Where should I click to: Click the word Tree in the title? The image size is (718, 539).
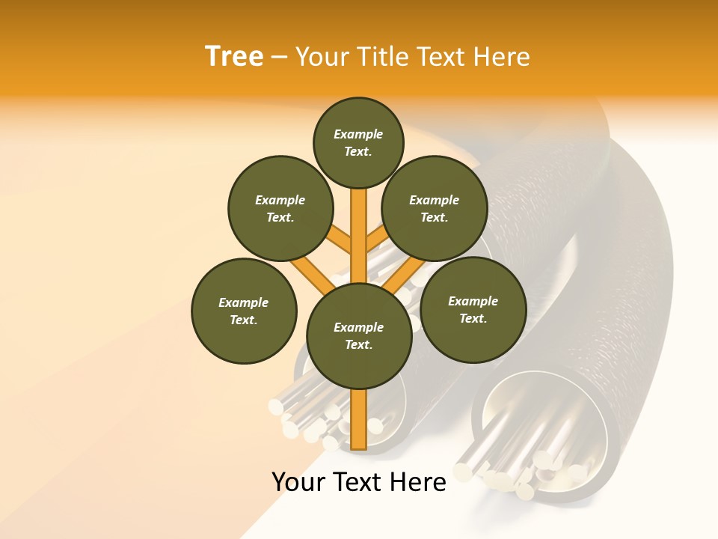tap(234, 56)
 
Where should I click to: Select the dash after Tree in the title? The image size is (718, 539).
tap(280, 57)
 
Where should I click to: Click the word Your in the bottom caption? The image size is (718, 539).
tap(298, 482)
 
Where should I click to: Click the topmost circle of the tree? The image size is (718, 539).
tap(358, 142)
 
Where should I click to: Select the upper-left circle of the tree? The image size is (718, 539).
tap(280, 208)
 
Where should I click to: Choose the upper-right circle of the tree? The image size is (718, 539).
tap(434, 208)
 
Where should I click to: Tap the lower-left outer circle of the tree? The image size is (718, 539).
tap(243, 311)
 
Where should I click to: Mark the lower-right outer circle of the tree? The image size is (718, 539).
tap(473, 309)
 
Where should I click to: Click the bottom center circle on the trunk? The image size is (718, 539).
tap(359, 335)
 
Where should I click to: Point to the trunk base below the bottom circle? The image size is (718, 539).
tap(359, 419)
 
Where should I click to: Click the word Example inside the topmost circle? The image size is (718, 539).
tap(358, 134)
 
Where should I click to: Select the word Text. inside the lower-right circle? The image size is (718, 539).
tap(473, 318)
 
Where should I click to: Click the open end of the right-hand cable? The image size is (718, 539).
tap(535, 434)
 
